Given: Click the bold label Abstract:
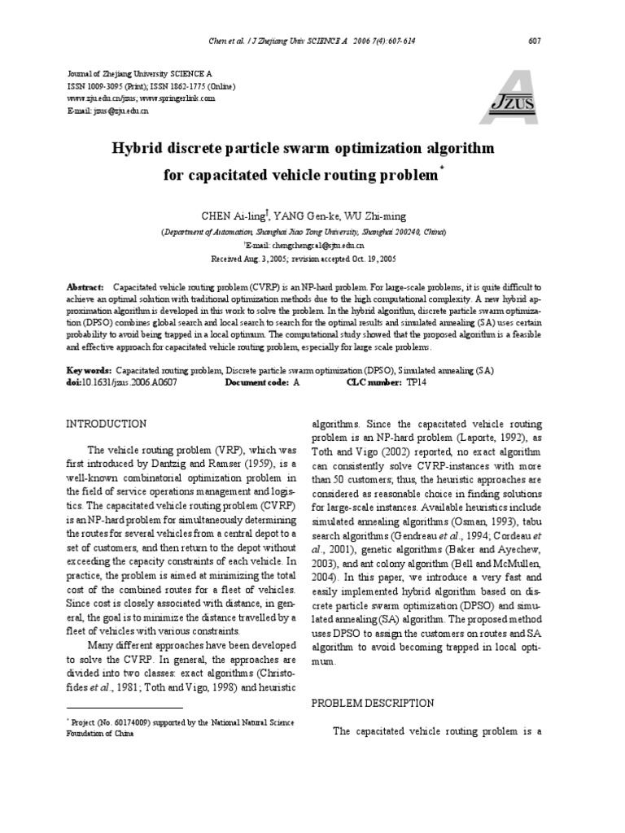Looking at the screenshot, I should [x=85, y=288].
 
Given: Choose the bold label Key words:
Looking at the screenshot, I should [x=88, y=370].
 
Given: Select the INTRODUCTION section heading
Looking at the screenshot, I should [x=106, y=424].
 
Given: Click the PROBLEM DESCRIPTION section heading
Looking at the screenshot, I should [x=374, y=703].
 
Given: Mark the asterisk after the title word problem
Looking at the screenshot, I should [x=442, y=168].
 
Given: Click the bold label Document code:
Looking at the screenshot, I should [x=255, y=382].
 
